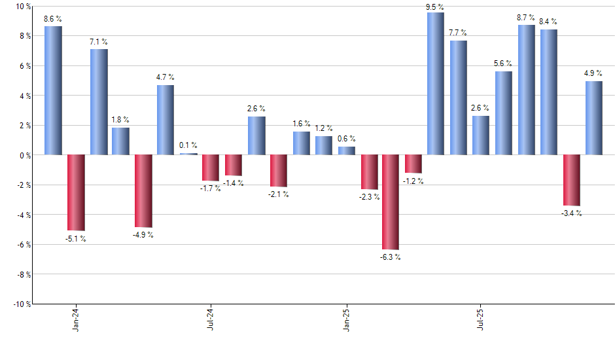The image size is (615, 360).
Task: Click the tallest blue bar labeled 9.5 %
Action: (x=435, y=84)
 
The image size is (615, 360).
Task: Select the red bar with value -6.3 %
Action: (x=391, y=202)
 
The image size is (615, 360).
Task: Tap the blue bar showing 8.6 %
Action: (x=53, y=90)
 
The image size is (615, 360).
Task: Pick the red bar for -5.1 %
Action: (x=76, y=192)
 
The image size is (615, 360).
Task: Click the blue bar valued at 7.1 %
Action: (x=99, y=102)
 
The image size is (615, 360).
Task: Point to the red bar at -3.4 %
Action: (x=571, y=180)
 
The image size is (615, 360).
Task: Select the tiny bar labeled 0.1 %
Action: (x=188, y=154)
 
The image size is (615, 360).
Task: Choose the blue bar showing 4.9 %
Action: (x=594, y=118)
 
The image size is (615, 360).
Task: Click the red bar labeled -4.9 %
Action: (x=143, y=191)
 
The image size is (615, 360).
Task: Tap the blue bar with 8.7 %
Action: (x=526, y=90)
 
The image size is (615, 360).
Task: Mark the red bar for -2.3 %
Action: (x=369, y=172)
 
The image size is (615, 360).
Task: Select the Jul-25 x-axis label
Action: (x=481, y=319)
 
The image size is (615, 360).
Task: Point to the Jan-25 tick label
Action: (x=347, y=319)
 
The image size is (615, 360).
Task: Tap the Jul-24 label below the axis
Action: (x=211, y=319)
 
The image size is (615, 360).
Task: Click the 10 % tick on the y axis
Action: (x=23, y=7)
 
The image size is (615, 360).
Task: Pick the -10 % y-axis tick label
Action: (x=21, y=304)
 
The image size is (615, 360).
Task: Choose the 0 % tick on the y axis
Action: (x=25, y=155)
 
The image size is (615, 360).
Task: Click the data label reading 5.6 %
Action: (x=503, y=63)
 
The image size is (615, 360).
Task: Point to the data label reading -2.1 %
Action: (x=279, y=194)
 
